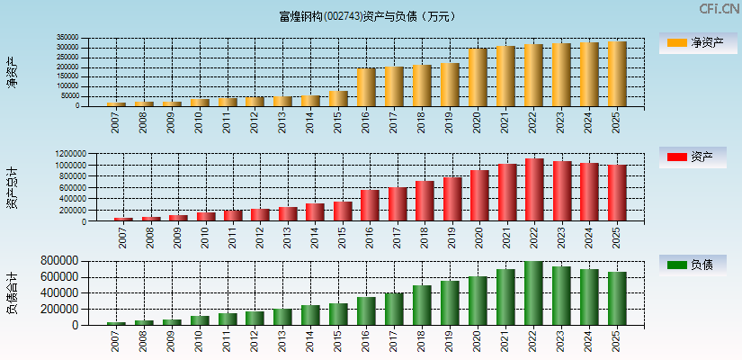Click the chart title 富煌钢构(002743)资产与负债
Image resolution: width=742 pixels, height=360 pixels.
[366, 16]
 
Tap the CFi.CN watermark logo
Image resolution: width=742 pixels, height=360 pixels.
[719, 9]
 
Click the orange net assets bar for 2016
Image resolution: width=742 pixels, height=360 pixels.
[366, 87]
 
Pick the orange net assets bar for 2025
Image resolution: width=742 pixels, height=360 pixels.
[616, 74]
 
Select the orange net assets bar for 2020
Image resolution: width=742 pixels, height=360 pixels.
[478, 77]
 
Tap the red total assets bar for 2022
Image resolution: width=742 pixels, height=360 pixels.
[533, 190]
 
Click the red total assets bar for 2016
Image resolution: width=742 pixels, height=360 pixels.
[370, 205]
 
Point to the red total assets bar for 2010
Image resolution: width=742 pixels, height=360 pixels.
[206, 216]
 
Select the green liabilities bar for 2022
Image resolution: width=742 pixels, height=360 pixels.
[533, 293]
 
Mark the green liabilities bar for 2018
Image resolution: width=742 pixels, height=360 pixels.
[422, 305]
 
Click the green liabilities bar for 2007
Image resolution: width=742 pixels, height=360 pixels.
[116, 323]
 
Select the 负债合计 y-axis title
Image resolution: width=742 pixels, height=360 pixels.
[12, 292]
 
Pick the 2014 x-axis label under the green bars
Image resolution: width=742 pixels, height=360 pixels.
[309, 339]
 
